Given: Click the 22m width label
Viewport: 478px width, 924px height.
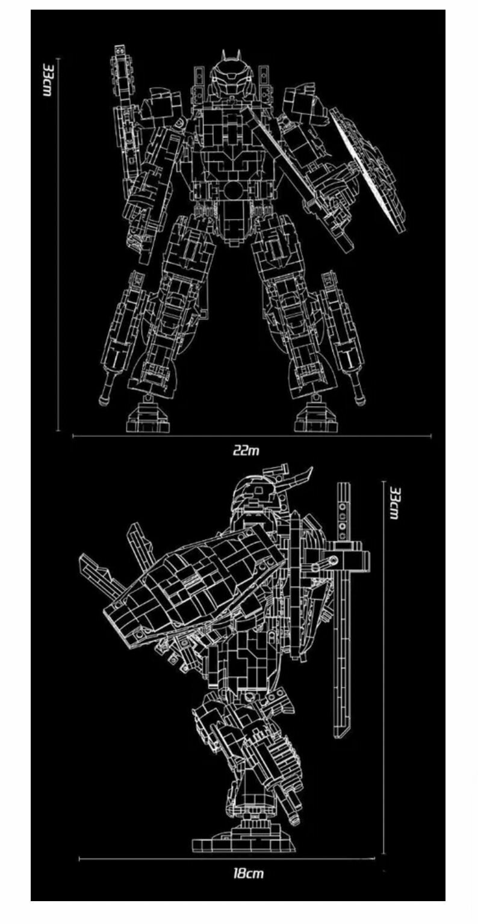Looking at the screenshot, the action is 247,450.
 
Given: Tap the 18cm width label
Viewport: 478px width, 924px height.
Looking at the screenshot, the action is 248,873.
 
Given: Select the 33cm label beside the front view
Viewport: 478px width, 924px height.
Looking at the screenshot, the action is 47,78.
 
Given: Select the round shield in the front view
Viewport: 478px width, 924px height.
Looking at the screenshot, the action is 368,168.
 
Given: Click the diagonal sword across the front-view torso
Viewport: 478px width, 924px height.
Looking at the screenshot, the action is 295,174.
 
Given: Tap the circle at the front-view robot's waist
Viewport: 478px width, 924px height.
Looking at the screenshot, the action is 233,191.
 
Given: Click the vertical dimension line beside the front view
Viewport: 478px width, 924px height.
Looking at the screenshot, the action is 58,241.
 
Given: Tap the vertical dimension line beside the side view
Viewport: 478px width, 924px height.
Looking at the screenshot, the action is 383,662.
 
